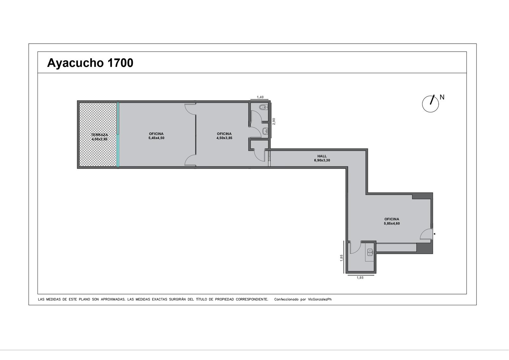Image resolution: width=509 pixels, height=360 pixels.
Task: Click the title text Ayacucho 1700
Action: point(90,63)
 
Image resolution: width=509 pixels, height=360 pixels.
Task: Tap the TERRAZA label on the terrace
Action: point(100,135)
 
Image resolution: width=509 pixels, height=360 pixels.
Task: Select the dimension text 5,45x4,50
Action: point(156,138)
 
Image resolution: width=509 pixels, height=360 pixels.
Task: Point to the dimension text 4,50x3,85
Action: point(224,138)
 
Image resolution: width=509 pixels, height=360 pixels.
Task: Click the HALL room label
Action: point(322,156)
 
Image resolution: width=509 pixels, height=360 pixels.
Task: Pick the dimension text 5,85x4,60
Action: point(392,223)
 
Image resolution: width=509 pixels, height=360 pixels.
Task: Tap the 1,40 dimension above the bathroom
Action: point(260,97)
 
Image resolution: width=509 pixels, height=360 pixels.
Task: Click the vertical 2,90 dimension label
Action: point(274,121)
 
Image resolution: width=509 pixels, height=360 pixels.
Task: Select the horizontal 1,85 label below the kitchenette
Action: point(360,278)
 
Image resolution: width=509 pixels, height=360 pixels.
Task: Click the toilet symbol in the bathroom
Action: point(264,107)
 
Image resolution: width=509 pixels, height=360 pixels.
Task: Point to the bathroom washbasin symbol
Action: point(265,131)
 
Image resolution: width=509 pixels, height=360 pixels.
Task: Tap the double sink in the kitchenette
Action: point(370,252)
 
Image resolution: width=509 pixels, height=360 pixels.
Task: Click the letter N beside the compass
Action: point(442,97)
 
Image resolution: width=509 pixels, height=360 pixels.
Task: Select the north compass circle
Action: point(430,104)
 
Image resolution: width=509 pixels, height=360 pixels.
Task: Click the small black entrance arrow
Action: point(434,234)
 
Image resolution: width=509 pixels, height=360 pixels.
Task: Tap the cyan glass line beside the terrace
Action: point(118,135)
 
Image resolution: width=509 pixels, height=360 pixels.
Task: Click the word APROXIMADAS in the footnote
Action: point(113,299)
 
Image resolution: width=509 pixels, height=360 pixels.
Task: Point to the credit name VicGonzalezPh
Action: point(320,299)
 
